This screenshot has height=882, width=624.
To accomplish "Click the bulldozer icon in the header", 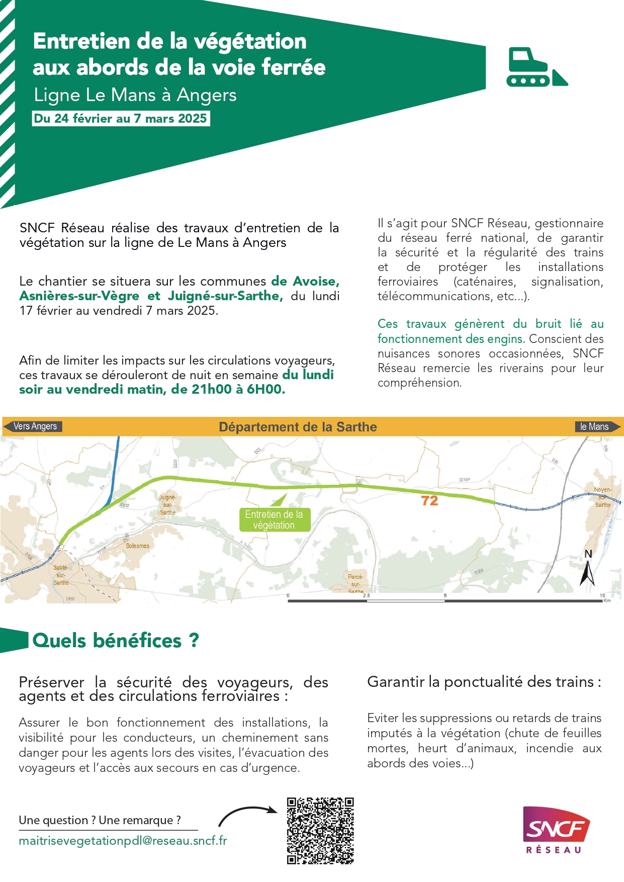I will (x=536, y=67).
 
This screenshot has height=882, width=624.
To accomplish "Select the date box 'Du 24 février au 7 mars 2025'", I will (x=121, y=119).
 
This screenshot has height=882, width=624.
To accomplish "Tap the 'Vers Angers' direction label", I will (x=35, y=426).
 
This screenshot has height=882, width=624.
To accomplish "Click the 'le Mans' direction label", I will (x=595, y=427).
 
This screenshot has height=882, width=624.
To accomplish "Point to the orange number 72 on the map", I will (x=429, y=501).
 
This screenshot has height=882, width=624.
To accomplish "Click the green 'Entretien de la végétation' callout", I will (x=274, y=520).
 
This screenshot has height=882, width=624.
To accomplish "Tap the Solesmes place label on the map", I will (x=137, y=546).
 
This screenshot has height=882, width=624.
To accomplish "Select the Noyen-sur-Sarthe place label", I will (x=602, y=497).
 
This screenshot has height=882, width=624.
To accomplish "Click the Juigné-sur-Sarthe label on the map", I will (x=167, y=505).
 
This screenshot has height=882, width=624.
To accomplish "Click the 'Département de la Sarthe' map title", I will (x=298, y=427).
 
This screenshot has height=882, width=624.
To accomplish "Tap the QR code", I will (x=320, y=831).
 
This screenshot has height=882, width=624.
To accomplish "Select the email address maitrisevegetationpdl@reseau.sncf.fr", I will (x=123, y=841).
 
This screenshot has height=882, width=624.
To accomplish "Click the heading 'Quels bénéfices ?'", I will (x=116, y=641).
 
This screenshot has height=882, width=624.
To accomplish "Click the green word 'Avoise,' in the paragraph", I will (x=316, y=281).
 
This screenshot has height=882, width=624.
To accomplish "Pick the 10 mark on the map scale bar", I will (x=602, y=595).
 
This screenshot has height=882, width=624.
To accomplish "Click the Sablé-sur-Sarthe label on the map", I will (x=61, y=575).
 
